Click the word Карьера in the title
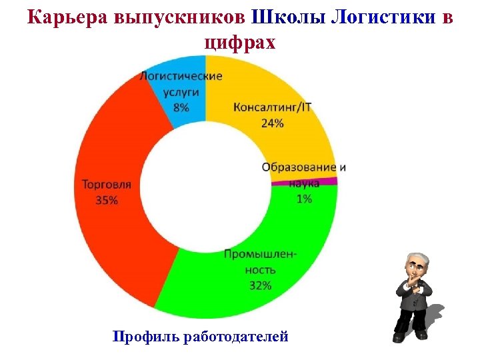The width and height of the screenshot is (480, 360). point(59,18)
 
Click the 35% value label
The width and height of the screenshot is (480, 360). point(107,199)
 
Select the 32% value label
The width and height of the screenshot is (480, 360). point(260,285)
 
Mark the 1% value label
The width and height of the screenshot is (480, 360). point(305,199)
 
